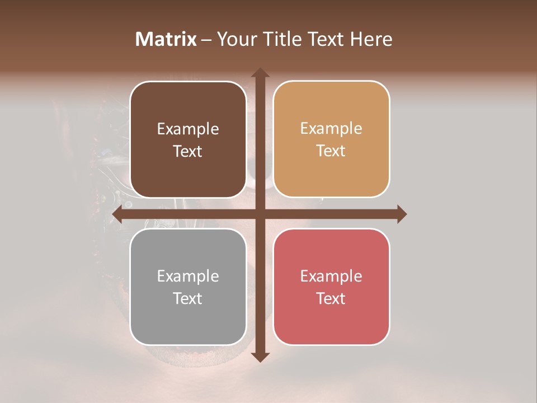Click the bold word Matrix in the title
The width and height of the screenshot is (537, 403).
[166, 39]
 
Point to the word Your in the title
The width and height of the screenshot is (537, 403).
[235, 39]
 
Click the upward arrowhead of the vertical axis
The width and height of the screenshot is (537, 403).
[260, 73]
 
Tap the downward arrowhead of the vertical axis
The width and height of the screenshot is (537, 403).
[260, 357]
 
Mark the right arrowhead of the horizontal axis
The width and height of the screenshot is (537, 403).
[401, 214]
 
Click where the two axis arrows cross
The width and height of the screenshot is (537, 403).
[260, 214]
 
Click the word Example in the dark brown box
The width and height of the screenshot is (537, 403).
[188, 129]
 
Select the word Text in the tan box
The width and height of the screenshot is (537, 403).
[331, 151]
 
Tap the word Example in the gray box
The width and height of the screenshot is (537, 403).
[188, 276]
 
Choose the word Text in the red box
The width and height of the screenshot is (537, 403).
[331, 298]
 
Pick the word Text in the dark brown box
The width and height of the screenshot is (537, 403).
[188, 151]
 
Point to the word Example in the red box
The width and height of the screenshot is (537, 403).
[331, 276]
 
